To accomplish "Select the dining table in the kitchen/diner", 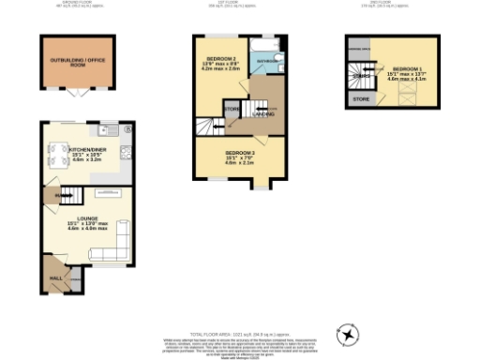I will (x=55, y=153).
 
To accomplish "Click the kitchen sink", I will (x=112, y=129).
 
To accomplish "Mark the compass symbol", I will (x=348, y=334).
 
